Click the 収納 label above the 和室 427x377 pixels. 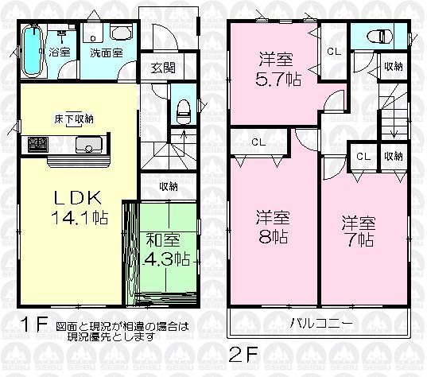tap(168, 186)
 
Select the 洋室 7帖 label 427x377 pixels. tap(358, 229)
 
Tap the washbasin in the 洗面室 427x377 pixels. tap(121, 34)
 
